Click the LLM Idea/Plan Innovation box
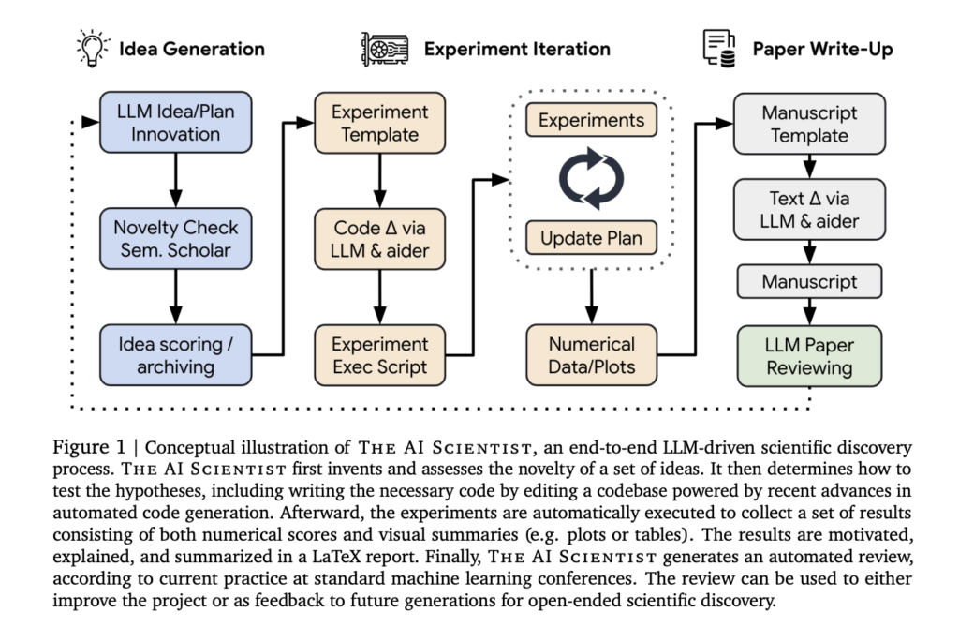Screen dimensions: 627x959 pyautogui.click(x=176, y=122)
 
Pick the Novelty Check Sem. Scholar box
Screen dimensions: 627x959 pyautogui.click(x=176, y=238)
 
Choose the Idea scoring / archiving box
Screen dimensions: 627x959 pyautogui.click(x=176, y=354)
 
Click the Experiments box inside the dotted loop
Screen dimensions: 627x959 pyautogui.click(x=591, y=121)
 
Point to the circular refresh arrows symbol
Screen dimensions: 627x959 pyautogui.click(x=591, y=179)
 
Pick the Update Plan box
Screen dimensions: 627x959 pyautogui.click(x=591, y=238)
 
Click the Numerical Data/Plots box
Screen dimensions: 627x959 pyautogui.click(x=591, y=354)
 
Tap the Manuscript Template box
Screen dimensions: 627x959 pyautogui.click(x=809, y=123)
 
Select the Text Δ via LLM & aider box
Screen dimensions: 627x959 pyautogui.click(x=809, y=210)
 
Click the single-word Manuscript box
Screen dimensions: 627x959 pyautogui.click(x=809, y=281)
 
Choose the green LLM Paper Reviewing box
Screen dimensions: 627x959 pyautogui.click(x=809, y=356)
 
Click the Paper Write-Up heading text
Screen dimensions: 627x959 pyautogui.click(x=822, y=49)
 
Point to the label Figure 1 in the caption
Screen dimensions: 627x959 pyautogui.click(x=96, y=449)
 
